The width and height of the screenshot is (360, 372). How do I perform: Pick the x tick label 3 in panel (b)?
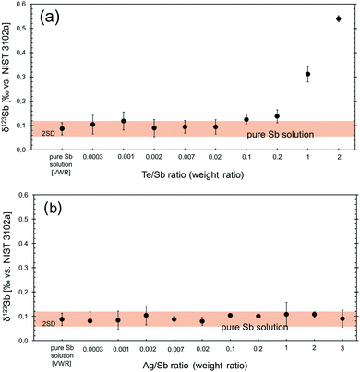(x=342, y=340)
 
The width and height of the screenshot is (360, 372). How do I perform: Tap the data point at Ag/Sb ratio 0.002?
(x=146, y=316)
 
